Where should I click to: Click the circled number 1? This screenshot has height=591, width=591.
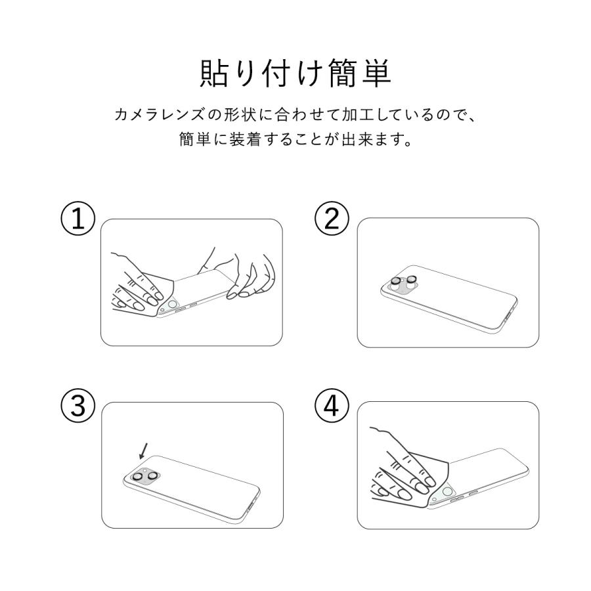(x=78, y=220)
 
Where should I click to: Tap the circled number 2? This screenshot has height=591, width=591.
(x=333, y=220)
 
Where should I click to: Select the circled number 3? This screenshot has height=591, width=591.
(x=78, y=406)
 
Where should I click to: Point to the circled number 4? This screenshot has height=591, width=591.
(x=333, y=406)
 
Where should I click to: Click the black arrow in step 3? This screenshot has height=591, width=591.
(x=143, y=451)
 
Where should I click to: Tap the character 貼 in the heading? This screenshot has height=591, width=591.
(x=215, y=74)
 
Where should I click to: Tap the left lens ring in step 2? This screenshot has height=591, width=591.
(x=396, y=282)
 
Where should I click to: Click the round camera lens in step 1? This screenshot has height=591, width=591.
(x=172, y=305)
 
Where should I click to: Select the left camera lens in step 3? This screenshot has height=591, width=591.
(x=139, y=477)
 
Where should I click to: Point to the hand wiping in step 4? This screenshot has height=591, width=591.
(x=401, y=470)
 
